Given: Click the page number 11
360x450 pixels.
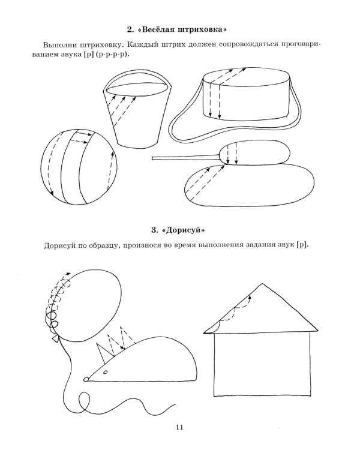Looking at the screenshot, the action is [179, 427].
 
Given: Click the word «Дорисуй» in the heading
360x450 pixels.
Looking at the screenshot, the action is [184, 230].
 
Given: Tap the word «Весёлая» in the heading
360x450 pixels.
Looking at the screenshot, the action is [156, 30].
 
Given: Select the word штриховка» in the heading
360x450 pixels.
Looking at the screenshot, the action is [202, 30].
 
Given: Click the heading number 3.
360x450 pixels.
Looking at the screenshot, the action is [154, 230].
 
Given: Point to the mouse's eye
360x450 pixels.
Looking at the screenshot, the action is [105, 372].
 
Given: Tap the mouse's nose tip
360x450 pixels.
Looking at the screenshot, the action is [86, 379].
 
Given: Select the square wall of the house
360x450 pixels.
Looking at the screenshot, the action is [262, 364].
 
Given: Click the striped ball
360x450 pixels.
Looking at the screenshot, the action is [79, 167].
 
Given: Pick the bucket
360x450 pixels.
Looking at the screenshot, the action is [137, 110].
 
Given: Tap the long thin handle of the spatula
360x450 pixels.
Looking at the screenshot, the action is [186, 158].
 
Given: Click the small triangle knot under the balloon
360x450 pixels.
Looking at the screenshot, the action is [55, 339].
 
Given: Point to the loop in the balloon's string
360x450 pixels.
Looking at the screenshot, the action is [84, 401].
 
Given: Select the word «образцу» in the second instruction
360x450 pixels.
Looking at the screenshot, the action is [104, 246].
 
